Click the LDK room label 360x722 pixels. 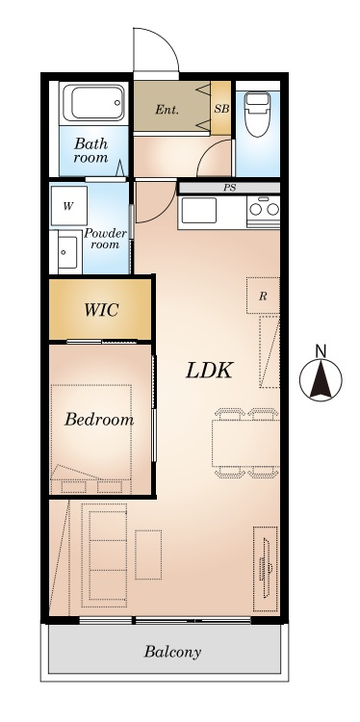click(210, 371)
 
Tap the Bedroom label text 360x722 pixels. click(99, 420)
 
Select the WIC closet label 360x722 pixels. click(101, 310)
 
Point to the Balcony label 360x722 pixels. click(172, 652)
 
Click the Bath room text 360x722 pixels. click(91, 150)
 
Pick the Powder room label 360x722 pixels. click(105, 239)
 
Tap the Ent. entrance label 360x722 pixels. click(167, 110)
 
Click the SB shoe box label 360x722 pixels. click(221, 109)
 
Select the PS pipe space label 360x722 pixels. click(229, 188)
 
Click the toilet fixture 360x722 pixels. click(257, 115)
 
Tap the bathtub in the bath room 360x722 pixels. click(93, 103)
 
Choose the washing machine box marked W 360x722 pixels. click(68, 206)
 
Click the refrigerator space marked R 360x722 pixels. click(263, 296)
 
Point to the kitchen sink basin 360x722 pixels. click(199, 210)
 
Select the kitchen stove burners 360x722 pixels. click(264, 209)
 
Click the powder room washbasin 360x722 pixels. click(67, 252)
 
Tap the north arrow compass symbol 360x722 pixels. click(321, 380)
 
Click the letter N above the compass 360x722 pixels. click(321, 351)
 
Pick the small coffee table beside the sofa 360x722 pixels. click(148, 554)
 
